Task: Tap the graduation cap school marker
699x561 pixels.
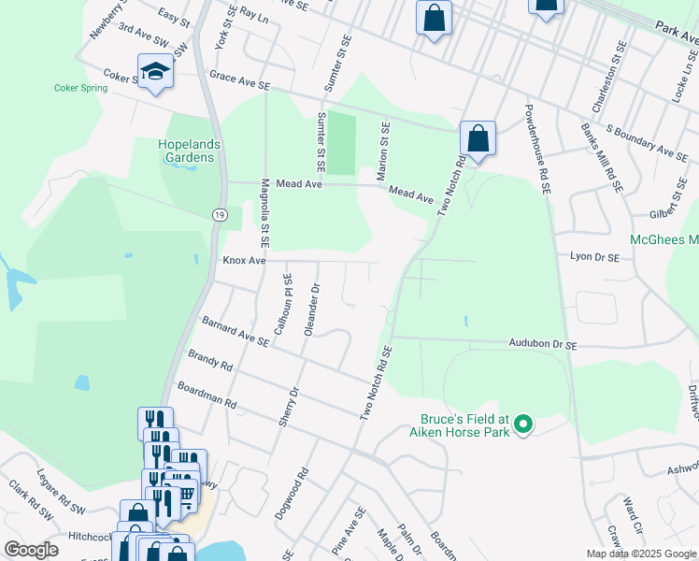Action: (155, 71)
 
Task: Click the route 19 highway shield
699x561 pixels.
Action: (217, 214)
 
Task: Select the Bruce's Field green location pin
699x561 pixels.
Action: (524, 425)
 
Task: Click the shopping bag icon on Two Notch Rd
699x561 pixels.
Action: (478, 139)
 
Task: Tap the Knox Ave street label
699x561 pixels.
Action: (244, 261)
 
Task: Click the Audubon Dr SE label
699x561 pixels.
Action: (543, 345)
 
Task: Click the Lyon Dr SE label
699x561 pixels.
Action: (594, 254)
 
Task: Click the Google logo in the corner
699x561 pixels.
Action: (32, 549)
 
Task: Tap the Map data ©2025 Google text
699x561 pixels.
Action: (641, 554)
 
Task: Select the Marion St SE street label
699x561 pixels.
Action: (384, 148)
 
